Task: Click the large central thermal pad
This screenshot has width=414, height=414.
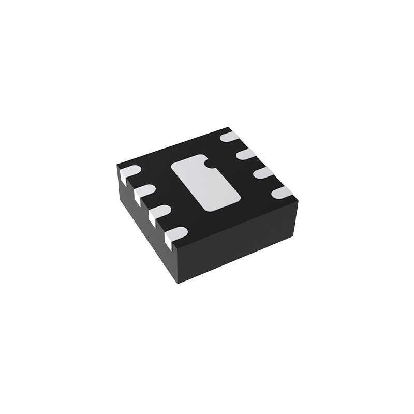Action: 205,185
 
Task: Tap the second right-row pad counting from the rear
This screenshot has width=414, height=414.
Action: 244,154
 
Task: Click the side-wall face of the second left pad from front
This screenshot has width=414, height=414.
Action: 154,217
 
